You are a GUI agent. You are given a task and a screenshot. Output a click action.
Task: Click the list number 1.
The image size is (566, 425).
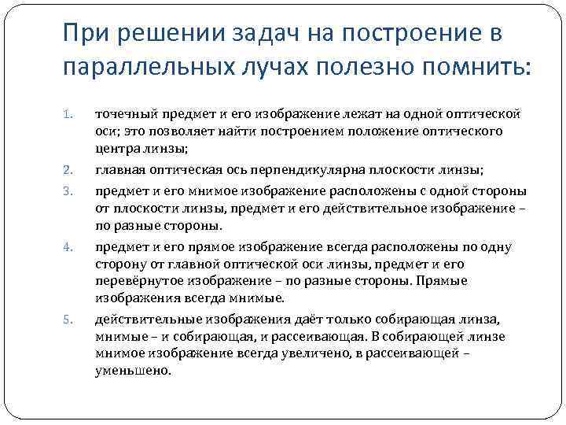67,116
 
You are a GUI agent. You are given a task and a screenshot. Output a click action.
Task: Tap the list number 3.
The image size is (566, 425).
67,190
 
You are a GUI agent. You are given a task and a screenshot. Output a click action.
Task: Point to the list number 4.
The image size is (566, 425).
67,248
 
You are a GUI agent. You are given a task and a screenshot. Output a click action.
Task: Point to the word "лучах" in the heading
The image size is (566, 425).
262,68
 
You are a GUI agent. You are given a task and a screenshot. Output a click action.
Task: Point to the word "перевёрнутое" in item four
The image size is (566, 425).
132,282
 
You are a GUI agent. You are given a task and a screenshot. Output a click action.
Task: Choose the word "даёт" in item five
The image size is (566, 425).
296,319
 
